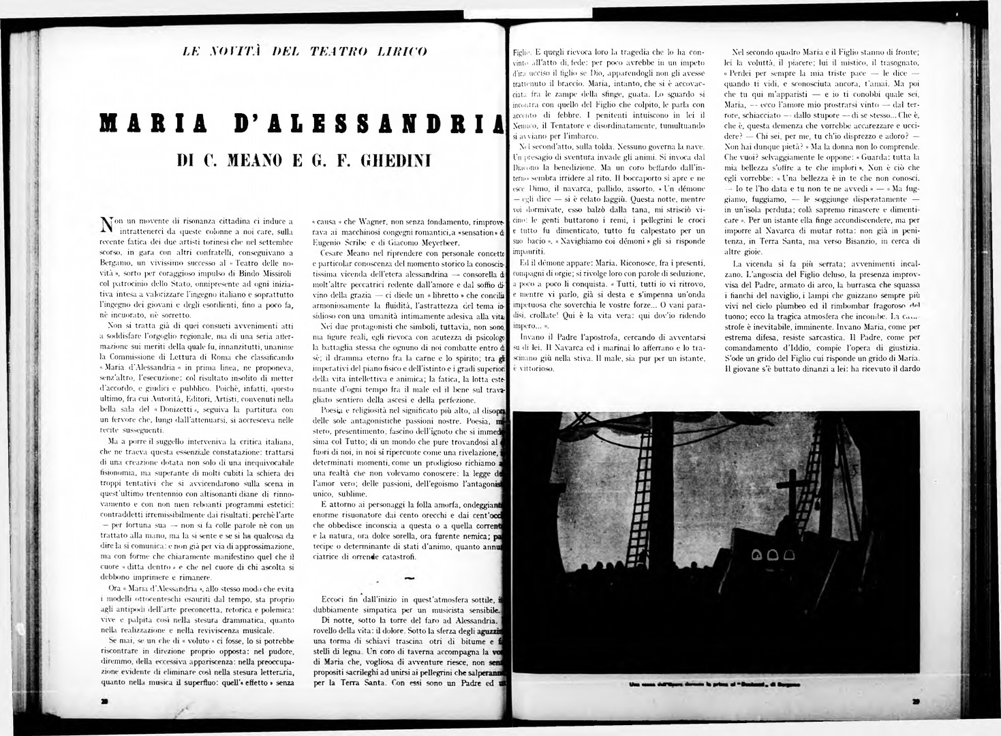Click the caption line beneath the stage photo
coord(715,684)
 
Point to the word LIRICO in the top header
coord(404,50)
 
